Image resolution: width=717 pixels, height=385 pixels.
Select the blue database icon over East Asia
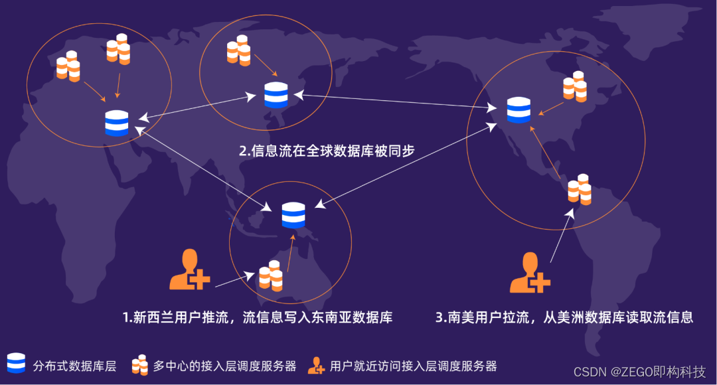[x=276, y=95]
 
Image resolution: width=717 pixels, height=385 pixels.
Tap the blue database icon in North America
[x=518, y=110]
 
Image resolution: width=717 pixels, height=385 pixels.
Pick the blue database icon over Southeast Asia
[x=293, y=215]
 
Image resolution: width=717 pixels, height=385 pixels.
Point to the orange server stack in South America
[x=579, y=189]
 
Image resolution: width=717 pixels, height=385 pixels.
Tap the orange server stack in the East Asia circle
[x=238, y=48]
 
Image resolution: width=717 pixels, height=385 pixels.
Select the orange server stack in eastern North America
[x=574, y=86]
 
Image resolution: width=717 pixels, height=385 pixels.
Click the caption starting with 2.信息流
[x=327, y=151]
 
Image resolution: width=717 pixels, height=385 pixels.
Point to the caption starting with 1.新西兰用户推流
[x=257, y=317]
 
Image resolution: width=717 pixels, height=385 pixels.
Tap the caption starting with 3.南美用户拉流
[x=564, y=317]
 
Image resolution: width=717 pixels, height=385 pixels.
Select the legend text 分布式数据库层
[x=74, y=365]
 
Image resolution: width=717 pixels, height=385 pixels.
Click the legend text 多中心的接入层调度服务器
[x=224, y=365]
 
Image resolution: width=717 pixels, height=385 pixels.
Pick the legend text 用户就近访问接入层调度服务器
[x=413, y=365]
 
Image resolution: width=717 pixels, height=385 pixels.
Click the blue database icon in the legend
[x=16, y=364]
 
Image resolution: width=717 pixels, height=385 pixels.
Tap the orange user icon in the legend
[x=316, y=364]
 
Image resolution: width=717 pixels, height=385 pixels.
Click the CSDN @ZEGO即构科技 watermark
[x=639, y=371]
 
